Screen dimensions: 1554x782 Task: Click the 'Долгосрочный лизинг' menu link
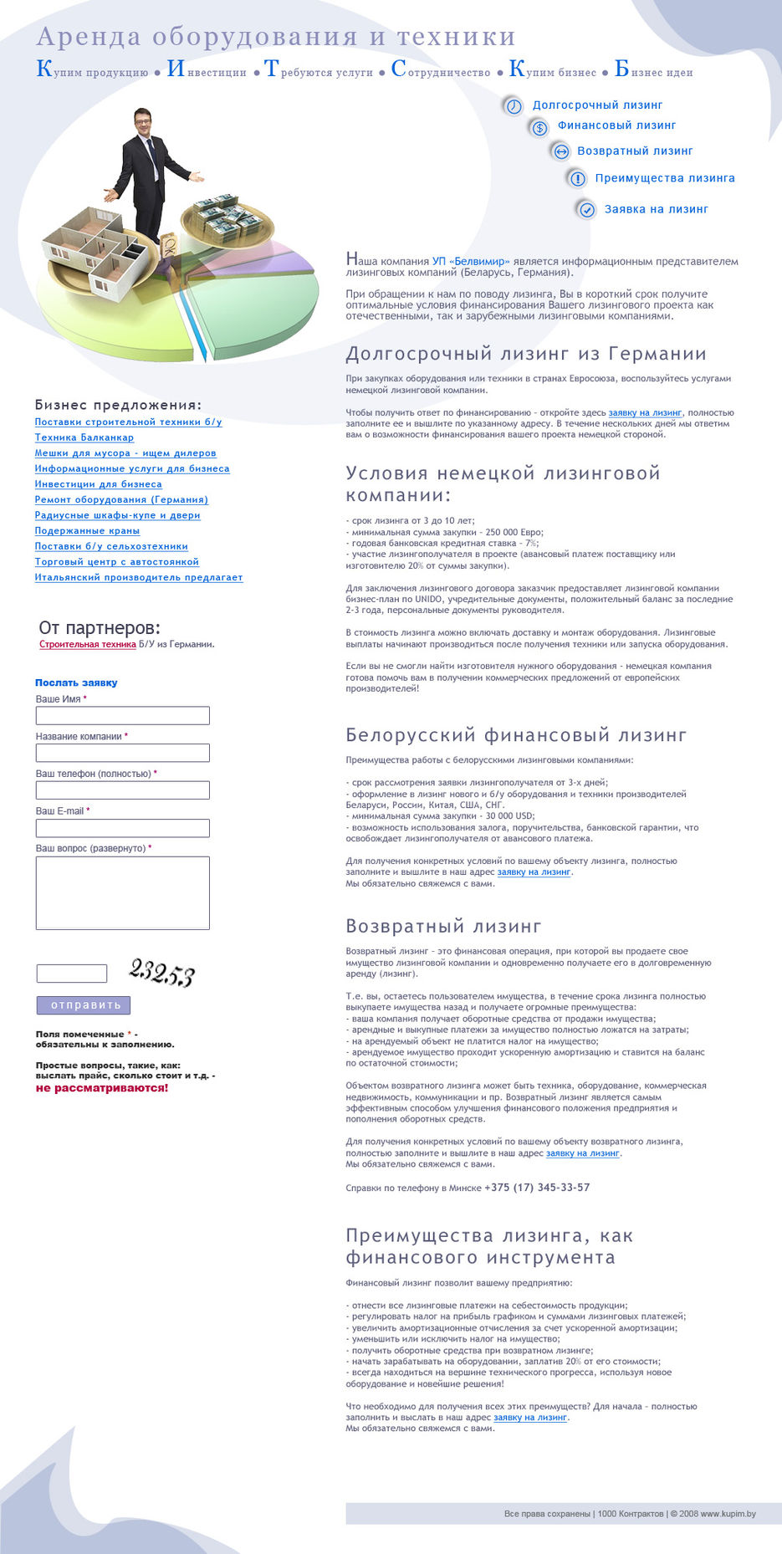tap(597, 105)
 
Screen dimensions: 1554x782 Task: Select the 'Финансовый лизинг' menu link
tap(616, 125)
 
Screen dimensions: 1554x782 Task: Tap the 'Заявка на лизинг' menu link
tap(656, 209)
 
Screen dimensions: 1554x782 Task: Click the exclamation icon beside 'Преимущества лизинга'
tap(577, 178)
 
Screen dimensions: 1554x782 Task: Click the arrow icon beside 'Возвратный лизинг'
tap(561, 151)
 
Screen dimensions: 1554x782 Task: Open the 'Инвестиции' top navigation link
tap(207, 70)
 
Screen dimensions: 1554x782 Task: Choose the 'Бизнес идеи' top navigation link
tap(653, 70)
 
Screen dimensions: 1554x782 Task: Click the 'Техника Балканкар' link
tap(84, 437)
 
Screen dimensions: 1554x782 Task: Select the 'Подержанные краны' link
tap(87, 531)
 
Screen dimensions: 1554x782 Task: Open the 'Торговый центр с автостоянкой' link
tap(116, 562)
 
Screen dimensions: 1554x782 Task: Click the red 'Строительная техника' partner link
tap(87, 645)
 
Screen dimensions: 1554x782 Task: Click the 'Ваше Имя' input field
tap(122, 715)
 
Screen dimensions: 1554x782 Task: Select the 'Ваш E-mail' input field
tap(122, 828)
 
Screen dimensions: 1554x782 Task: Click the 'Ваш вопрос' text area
tap(122, 892)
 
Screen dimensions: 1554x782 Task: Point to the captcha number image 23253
tap(161, 973)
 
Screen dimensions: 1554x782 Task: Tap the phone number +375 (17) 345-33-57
tap(537, 1188)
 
